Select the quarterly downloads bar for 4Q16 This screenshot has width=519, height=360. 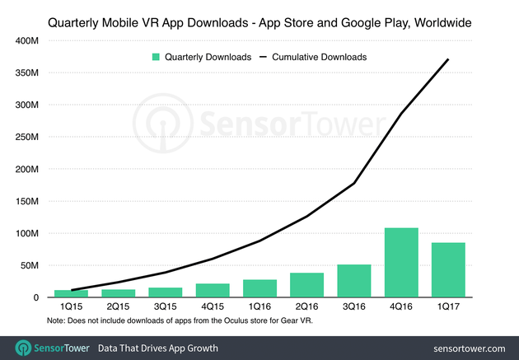coord(401,263)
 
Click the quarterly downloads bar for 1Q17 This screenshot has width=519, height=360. coord(448,270)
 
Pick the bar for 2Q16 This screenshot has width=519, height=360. coord(306,285)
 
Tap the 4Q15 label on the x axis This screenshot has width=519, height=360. coord(213,308)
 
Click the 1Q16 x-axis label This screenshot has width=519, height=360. coord(259,308)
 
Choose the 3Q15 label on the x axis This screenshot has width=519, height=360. coord(165,308)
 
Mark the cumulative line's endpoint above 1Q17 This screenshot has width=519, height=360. coord(448,59)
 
